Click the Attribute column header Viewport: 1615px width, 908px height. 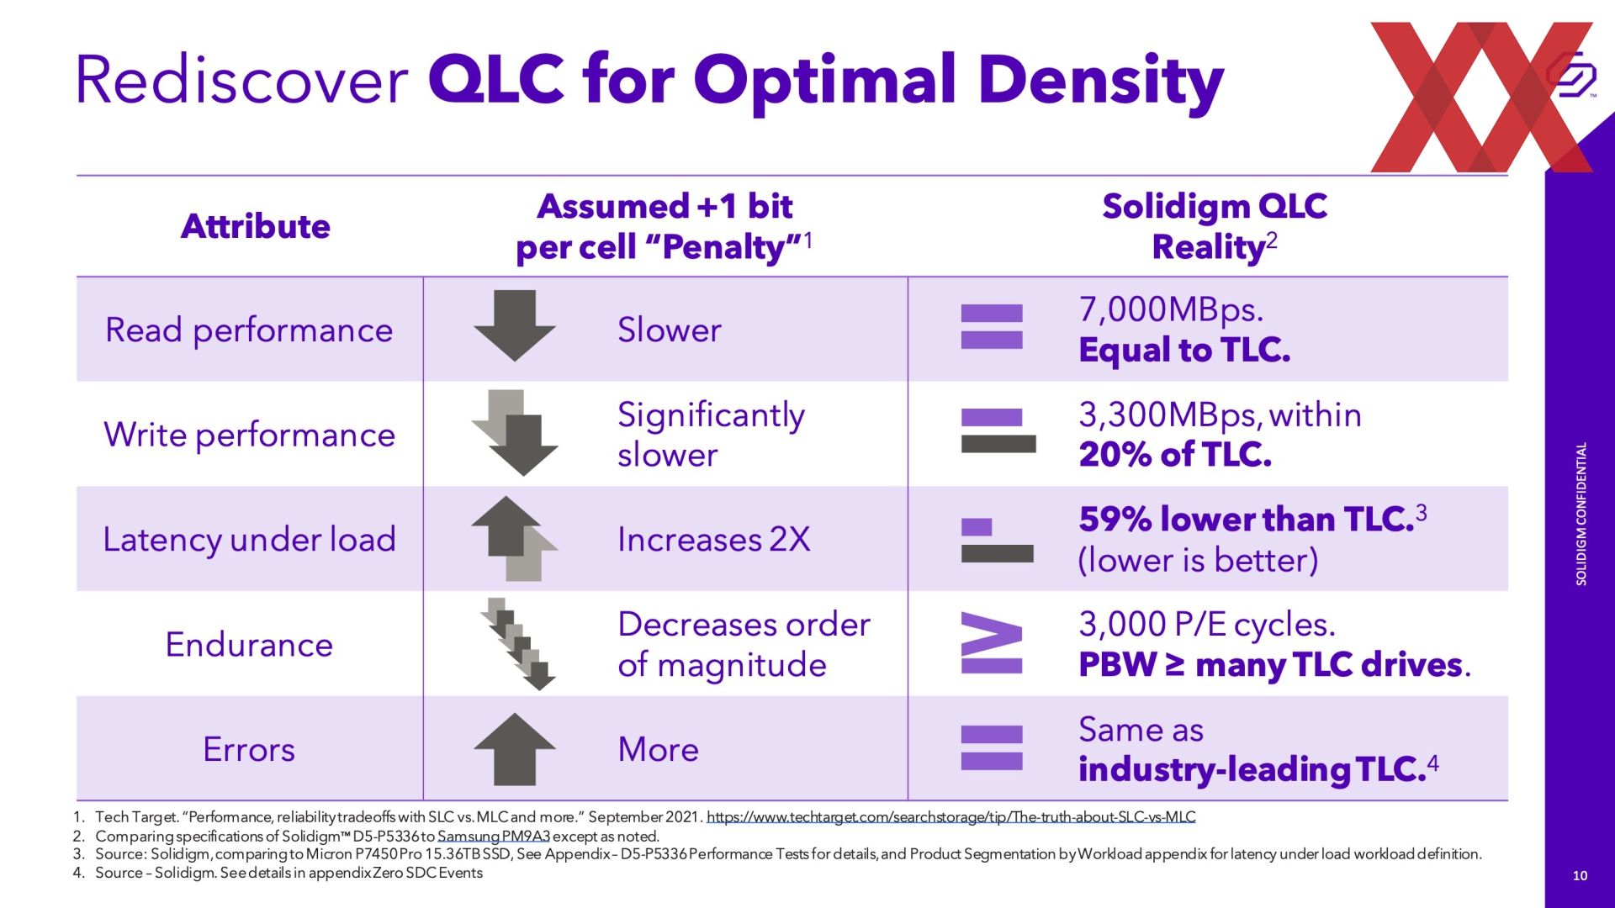point(255,226)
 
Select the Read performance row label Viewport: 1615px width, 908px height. point(249,330)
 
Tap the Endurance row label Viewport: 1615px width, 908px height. point(249,645)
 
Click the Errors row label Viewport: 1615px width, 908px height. point(249,749)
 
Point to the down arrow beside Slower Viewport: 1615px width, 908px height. point(514,325)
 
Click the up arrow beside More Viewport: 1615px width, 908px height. point(514,748)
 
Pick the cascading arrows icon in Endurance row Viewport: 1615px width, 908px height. point(518,644)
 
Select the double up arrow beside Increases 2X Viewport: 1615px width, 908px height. point(514,539)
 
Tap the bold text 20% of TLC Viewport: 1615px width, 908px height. point(1175,455)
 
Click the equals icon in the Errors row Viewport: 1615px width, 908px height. point(992,747)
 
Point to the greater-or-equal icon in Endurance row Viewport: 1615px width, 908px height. point(992,644)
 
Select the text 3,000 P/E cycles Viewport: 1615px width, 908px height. point(1206,625)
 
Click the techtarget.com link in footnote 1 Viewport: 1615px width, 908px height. point(950,817)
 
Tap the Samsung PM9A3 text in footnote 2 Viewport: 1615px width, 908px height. point(494,837)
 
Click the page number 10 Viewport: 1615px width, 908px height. point(1580,876)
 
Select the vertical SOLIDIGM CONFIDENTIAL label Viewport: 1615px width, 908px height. point(1581,514)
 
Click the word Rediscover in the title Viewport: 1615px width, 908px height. point(242,80)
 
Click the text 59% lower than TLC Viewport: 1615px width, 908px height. point(1246,520)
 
